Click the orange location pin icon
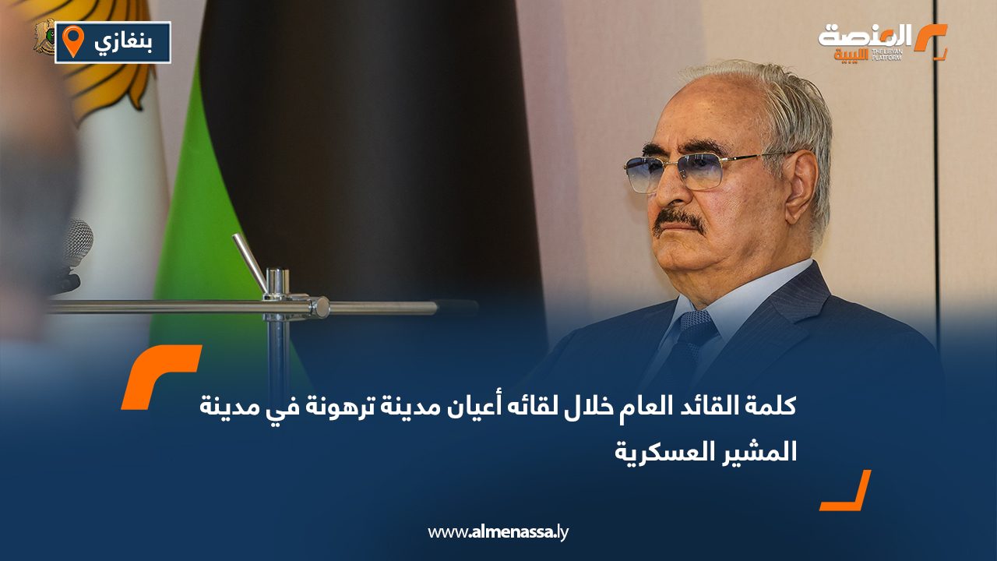coord(72,41)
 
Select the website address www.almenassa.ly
coord(498,532)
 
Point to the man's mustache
coord(679,221)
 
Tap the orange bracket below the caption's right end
coord(847,492)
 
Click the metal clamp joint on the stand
coord(318,307)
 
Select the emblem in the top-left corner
coord(44,37)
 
